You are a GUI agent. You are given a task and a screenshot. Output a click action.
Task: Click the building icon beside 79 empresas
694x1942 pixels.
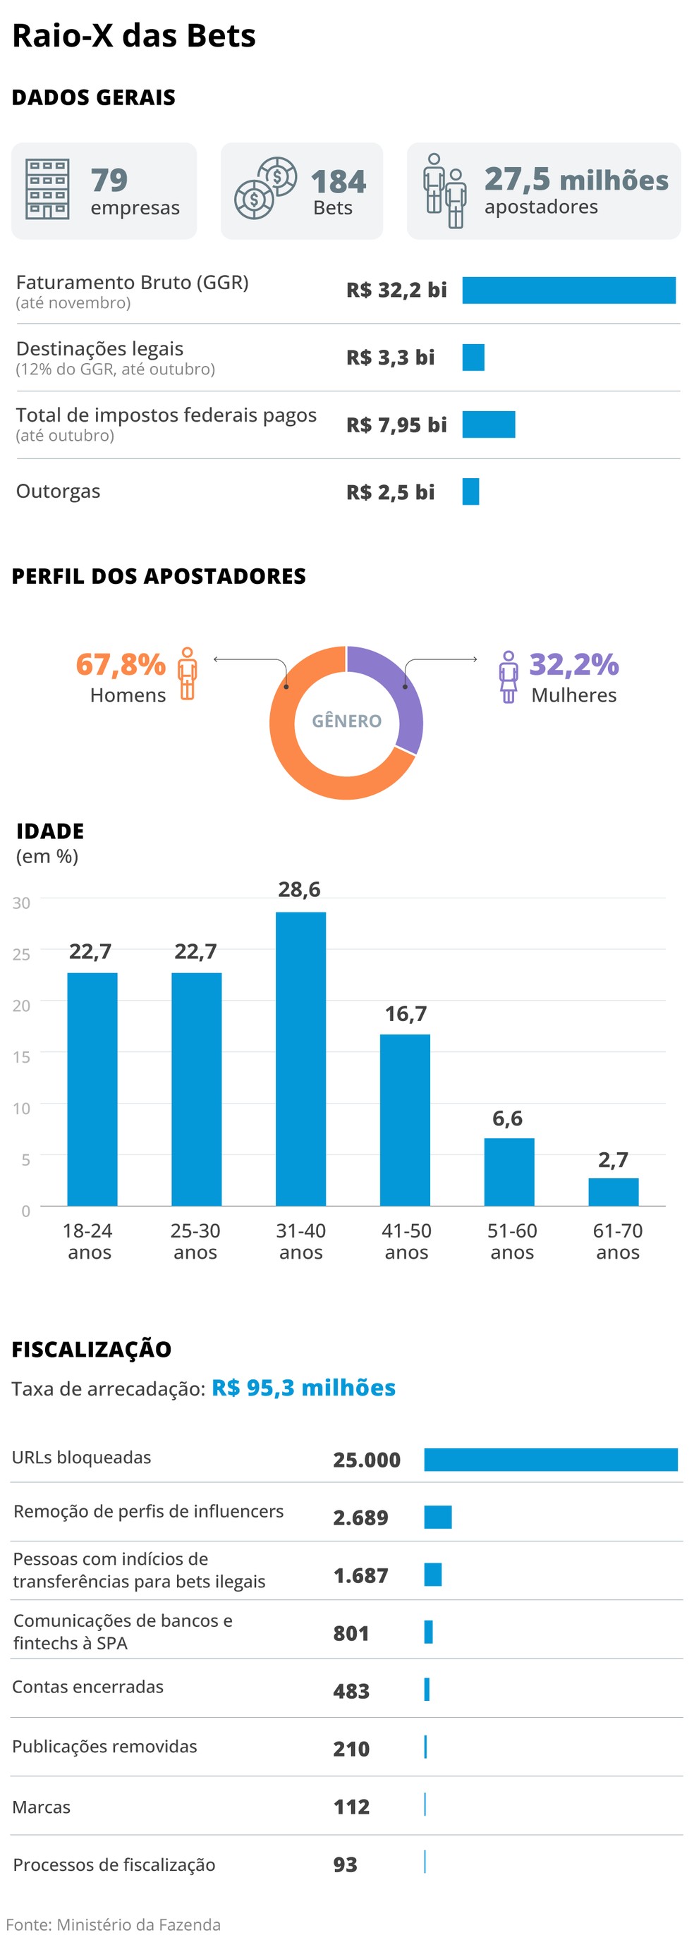[47, 188]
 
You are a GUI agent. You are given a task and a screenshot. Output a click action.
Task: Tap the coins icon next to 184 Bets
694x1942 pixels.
[264, 188]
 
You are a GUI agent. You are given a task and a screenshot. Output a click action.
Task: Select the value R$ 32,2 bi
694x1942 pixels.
[396, 291]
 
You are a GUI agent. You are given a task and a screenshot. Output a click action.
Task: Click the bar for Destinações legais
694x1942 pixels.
[473, 358]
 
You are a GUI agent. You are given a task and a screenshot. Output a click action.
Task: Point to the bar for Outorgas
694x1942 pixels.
[470, 491]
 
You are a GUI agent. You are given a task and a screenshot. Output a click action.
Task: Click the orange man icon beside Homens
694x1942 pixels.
[187, 673]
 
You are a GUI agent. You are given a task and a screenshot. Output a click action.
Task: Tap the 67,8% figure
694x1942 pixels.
[121, 664]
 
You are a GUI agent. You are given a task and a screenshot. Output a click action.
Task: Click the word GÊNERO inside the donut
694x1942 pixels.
[347, 721]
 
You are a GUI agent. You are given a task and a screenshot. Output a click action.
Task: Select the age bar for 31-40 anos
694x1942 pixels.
[301, 1058]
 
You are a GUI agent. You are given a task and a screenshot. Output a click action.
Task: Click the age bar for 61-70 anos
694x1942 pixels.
[614, 1191]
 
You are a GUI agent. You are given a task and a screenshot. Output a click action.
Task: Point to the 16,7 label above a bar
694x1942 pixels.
[406, 1014]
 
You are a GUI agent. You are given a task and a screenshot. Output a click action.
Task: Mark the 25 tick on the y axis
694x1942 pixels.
[21, 954]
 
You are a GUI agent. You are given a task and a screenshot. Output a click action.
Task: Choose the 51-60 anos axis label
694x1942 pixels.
[512, 1241]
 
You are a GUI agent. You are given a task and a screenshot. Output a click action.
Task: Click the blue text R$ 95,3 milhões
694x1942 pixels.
[303, 1388]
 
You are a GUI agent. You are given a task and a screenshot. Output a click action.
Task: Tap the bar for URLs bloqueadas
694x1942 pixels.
[551, 1459]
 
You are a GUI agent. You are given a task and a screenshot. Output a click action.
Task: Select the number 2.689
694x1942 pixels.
[360, 1517]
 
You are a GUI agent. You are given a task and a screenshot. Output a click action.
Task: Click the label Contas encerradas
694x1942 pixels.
[87, 1687]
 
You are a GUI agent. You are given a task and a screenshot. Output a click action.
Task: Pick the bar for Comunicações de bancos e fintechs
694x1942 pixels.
[429, 1632]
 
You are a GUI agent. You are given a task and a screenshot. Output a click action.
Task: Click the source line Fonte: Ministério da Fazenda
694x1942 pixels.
[113, 1924]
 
